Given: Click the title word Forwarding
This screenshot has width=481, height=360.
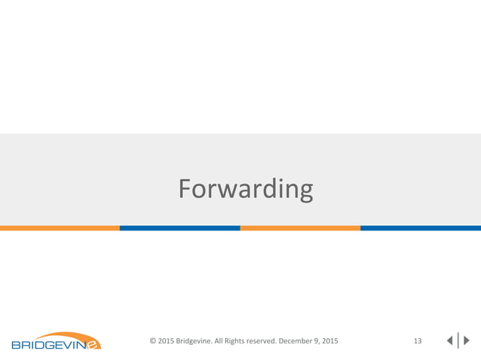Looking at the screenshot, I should pos(246,189).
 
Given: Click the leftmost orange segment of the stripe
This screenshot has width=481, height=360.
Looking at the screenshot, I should pos(60,227).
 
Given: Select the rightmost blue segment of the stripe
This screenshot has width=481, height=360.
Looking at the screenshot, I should pos(421,227).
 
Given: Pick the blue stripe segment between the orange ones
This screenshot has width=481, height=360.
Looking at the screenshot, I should pos(179,227).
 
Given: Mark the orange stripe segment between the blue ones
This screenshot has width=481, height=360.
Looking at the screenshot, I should pos(300,227).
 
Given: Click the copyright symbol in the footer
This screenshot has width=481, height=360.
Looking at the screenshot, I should pos(153,341).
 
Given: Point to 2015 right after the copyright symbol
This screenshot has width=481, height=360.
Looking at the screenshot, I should pos(167,341).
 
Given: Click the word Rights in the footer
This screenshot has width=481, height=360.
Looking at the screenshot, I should pos(252,341).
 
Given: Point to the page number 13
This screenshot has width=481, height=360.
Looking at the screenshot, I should pos(418,341).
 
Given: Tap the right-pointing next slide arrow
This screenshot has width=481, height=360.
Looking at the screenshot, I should pos(466,341).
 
